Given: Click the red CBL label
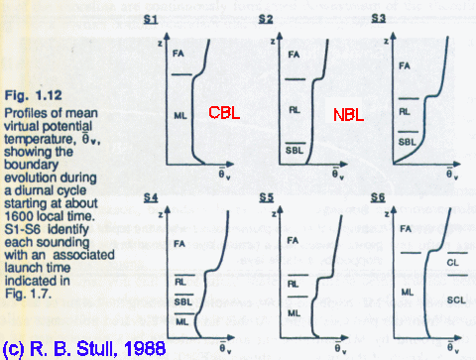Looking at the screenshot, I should (226, 114).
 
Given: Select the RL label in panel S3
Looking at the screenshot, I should (405, 113).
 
